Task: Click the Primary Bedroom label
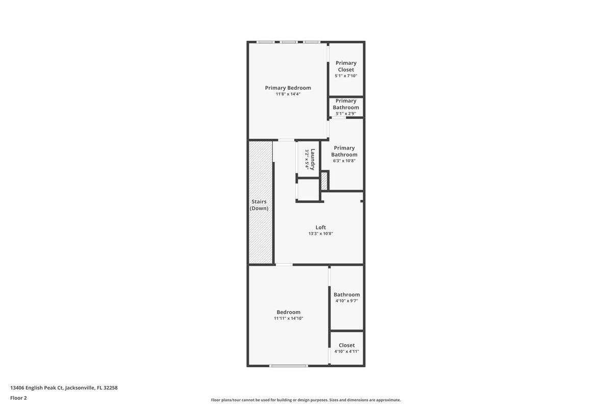coord(288,88)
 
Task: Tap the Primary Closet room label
coord(346,66)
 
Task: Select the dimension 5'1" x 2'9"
coord(346,114)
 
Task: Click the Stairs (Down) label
coord(259,205)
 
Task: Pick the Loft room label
coord(320,227)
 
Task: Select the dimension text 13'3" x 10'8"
coord(320,234)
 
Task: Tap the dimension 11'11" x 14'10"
coord(288,318)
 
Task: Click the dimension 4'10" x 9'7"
coord(346,301)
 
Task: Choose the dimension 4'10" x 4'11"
coord(346,351)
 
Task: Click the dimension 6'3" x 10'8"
coord(344,161)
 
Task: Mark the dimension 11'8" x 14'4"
coord(288,94)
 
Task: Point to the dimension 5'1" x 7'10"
coord(346,76)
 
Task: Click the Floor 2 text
coord(18,398)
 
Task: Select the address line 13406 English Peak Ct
coord(64,388)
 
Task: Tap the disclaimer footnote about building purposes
coord(306,400)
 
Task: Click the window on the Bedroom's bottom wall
coord(289,366)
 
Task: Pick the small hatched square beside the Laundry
coord(324,181)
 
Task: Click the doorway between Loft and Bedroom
coord(284,265)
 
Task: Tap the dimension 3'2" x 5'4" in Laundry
coord(307,159)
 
